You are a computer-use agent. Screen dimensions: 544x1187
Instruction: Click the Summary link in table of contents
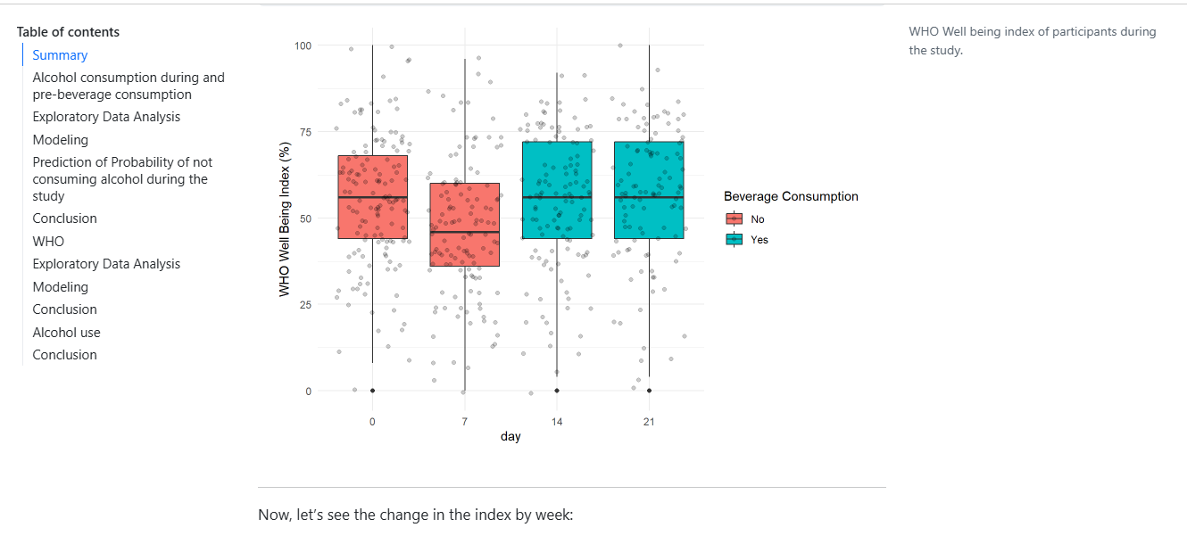click(60, 55)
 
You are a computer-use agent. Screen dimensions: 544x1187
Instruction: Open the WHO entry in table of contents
click(48, 241)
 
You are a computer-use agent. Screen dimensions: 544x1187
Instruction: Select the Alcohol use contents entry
click(66, 333)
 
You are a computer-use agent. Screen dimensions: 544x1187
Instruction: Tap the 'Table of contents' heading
click(68, 32)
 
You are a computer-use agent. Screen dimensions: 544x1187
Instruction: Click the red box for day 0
click(372, 196)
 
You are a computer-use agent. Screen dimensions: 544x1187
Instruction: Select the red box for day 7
click(464, 225)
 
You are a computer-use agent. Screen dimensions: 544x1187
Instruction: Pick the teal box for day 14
click(557, 190)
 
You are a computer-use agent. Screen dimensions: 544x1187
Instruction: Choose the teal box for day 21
click(649, 190)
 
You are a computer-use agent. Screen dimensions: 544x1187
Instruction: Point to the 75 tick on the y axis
click(306, 132)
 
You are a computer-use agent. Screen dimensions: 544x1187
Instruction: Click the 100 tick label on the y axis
click(303, 45)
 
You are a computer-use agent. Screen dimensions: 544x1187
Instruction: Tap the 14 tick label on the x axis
click(557, 422)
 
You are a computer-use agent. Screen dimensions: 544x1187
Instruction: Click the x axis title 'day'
click(510, 437)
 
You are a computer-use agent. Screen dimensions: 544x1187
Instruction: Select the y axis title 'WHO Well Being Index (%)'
click(284, 219)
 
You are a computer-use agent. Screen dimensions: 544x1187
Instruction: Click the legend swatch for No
click(735, 219)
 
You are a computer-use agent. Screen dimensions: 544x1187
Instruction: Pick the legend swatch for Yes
click(735, 239)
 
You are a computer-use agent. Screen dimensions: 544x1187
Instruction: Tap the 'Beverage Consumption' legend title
click(791, 196)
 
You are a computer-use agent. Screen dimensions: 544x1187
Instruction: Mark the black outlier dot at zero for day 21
click(649, 391)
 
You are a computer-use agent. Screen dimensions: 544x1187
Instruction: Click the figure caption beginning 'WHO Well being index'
click(1032, 41)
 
